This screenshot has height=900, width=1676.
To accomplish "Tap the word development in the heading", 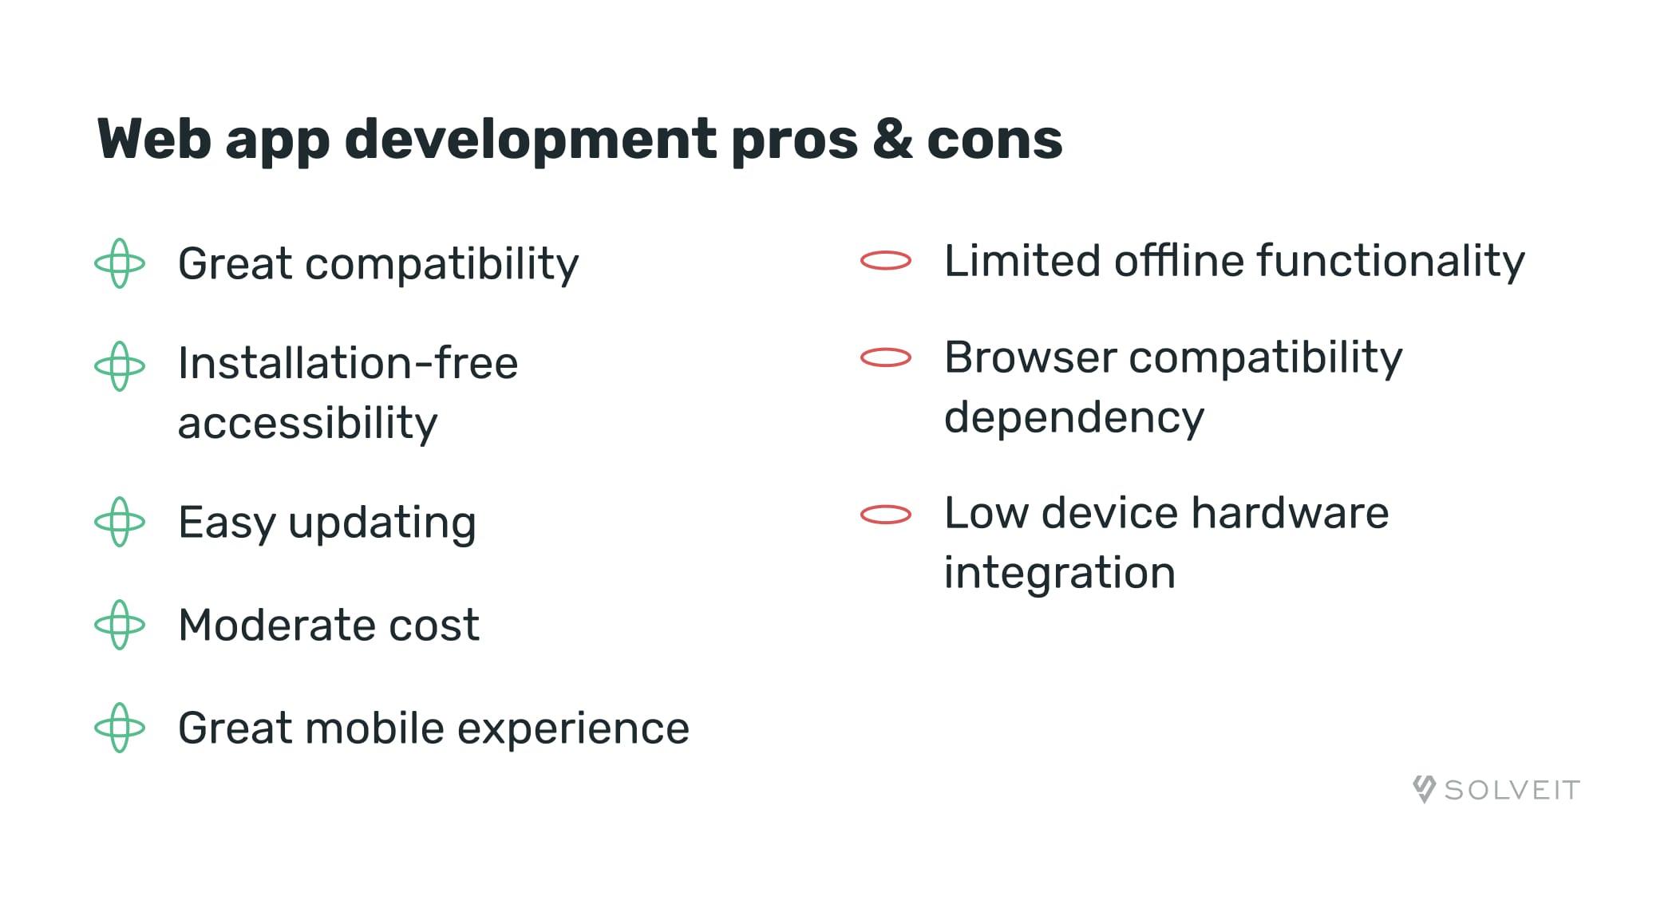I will click(x=530, y=140).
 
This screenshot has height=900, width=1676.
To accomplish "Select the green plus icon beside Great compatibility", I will click(x=120, y=263).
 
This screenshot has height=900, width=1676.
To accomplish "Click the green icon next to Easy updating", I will click(x=120, y=522).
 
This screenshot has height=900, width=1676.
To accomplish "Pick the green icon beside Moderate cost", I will click(x=120, y=625).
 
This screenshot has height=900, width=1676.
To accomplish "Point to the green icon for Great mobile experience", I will click(x=120, y=728).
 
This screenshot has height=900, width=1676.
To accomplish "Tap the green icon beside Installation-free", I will click(x=120, y=366).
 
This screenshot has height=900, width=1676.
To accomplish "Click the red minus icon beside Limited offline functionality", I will click(x=886, y=260).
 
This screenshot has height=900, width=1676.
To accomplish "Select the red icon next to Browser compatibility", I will click(x=886, y=357).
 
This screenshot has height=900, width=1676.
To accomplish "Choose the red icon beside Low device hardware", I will click(x=886, y=515).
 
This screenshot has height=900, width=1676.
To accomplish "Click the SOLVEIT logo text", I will click(x=1512, y=790).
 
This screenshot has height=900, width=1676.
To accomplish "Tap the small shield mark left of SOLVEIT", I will click(x=1424, y=788).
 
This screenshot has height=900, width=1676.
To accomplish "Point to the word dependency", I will click(x=1073, y=418).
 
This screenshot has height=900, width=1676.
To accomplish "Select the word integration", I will click(x=1059, y=573).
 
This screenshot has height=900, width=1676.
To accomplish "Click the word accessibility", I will click(x=307, y=423).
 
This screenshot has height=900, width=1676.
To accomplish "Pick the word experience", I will click(x=573, y=728).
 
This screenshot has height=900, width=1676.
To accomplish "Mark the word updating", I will click(x=382, y=523).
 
